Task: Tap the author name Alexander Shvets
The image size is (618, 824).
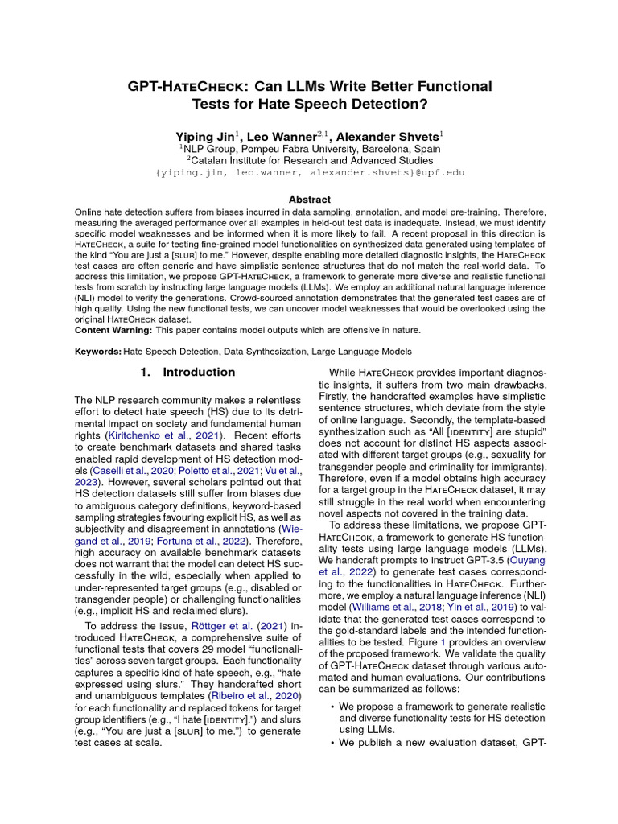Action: [x=389, y=137]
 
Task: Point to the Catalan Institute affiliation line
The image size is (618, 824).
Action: [x=309, y=161]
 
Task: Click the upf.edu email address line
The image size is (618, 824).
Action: [x=309, y=172]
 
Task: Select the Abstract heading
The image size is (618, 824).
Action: [x=309, y=199]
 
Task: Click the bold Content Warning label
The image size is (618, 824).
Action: [x=113, y=330]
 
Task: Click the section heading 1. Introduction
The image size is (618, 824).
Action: [x=187, y=373]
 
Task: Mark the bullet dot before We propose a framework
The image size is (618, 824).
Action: [x=333, y=706]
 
